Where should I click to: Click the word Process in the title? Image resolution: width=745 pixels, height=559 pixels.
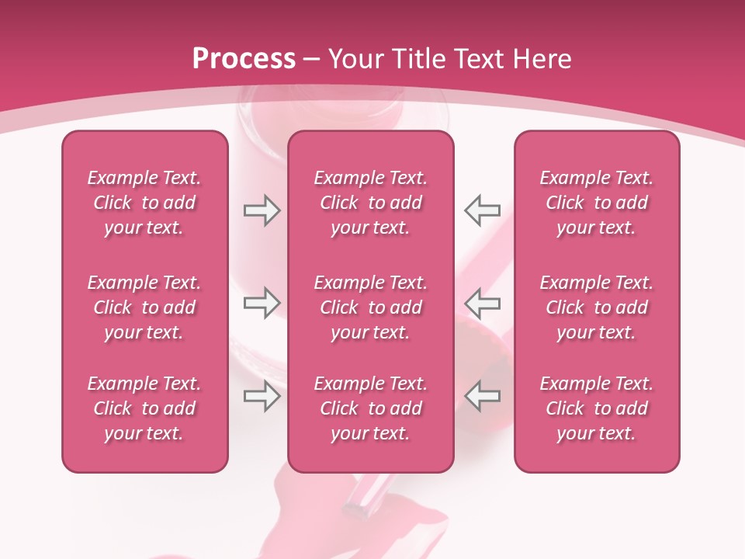click(244, 59)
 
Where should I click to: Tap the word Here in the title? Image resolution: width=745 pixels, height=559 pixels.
click(540, 59)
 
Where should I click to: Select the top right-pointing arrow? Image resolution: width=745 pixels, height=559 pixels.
click(262, 210)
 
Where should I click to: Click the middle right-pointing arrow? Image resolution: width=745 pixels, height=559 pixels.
click(262, 302)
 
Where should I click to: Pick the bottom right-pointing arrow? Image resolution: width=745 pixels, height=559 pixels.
click(262, 396)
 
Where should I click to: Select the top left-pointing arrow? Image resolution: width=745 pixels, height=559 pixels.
click(483, 210)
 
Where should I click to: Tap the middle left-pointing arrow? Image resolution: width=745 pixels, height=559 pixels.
click(483, 302)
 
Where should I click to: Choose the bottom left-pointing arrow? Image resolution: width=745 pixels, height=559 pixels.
click(483, 396)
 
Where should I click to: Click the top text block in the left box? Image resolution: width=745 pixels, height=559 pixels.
click(144, 203)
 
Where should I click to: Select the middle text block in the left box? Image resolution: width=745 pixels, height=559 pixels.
click(144, 307)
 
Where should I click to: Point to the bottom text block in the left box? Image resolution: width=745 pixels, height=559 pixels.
click(144, 408)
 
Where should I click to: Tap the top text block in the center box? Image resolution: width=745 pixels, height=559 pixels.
click(371, 203)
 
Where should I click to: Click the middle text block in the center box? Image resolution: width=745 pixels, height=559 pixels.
click(371, 307)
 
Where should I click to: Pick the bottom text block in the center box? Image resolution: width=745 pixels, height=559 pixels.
click(371, 408)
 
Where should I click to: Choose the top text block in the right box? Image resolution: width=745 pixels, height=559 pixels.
click(597, 203)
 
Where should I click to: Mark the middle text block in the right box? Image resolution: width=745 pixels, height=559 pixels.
click(597, 307)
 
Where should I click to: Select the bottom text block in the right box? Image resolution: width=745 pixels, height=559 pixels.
click(597, 408)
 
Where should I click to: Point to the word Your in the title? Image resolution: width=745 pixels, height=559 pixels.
click(354, 59)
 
